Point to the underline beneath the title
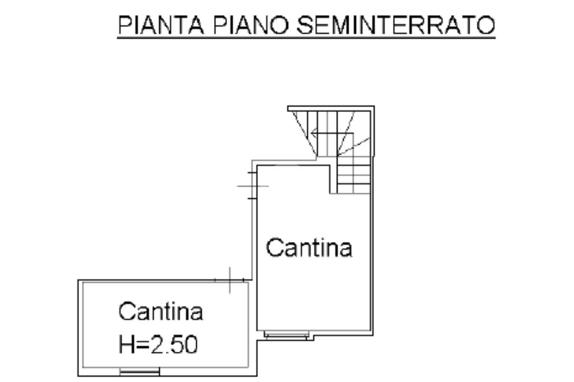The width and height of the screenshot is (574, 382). [306, 38]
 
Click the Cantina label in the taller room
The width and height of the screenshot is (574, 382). [309, 247]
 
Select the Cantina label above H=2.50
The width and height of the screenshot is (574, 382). [160, 311]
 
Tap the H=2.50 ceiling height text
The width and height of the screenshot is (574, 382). [158, 344]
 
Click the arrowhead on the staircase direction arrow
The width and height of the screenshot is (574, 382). [314, 134]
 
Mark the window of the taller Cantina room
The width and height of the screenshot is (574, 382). [286, 336]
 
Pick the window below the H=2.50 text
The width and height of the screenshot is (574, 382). [140, 371]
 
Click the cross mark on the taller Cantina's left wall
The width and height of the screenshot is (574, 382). [252, 185]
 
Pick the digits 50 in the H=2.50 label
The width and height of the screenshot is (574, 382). [187, 344]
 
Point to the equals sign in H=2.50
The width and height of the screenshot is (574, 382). [140, 345]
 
